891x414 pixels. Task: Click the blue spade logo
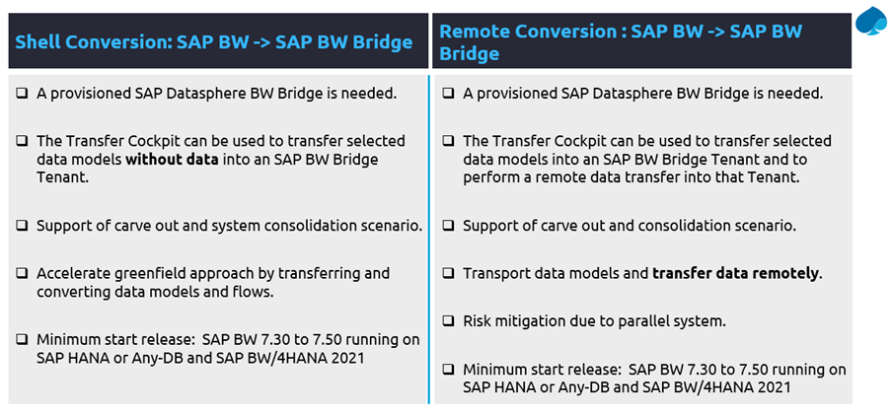coord(870,22)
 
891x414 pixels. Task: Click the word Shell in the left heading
coord(36,42)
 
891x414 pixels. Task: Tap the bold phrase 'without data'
coord(172,160)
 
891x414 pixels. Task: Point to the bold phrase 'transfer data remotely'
coord(736,273)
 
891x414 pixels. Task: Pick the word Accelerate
coord(75,273)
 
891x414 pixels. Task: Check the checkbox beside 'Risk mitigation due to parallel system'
coord(448,321)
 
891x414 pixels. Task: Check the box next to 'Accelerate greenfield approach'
coord(22,273)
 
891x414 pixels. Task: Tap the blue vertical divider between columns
coord(429,240)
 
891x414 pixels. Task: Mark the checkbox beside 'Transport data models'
coord(448,273)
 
